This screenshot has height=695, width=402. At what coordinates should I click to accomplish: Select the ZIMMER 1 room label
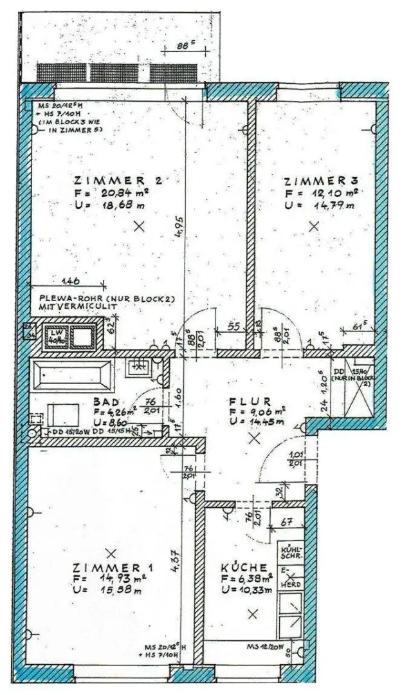113,568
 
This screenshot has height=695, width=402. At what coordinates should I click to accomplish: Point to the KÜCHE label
244,568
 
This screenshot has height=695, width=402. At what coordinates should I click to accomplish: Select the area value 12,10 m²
332,193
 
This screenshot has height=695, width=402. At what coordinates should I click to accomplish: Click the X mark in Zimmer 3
314,226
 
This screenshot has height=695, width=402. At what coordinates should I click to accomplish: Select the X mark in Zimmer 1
111,553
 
